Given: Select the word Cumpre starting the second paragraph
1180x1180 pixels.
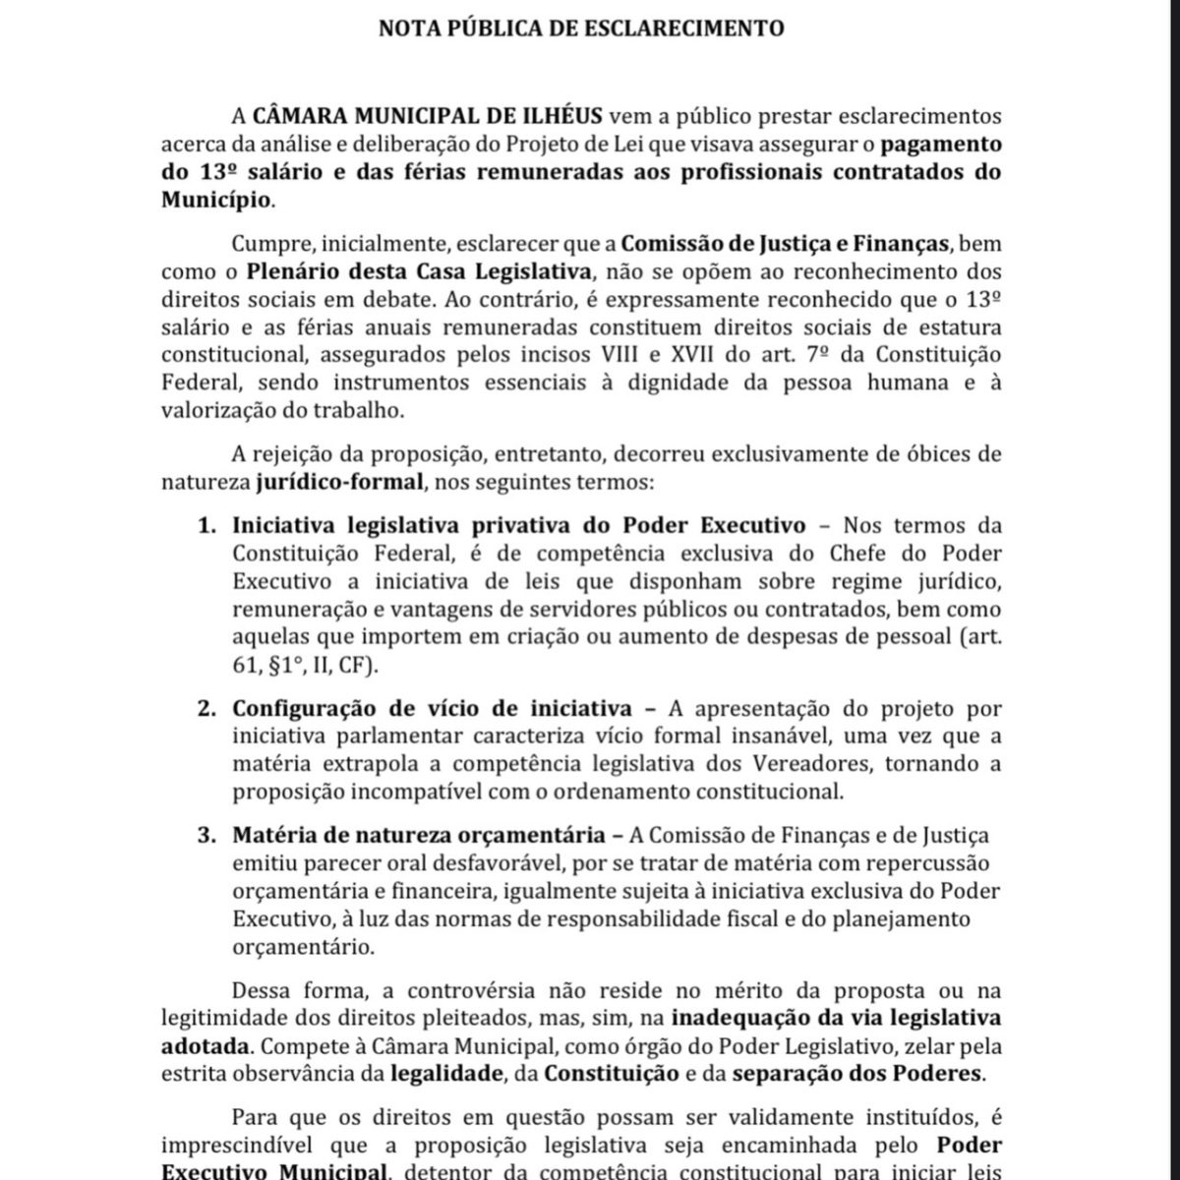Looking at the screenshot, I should (268, 244).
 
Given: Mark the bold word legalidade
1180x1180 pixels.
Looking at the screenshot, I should (445, 1073).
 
